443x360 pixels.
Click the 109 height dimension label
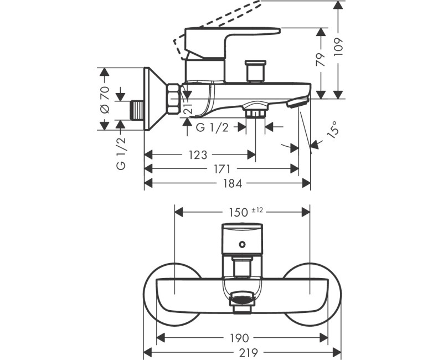[338, 47]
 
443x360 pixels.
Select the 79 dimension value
[321, 59]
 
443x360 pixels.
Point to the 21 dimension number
[188, 107]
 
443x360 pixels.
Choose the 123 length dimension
[198, 155]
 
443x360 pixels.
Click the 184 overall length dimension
[233, 184]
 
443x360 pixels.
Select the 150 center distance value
[239, 212]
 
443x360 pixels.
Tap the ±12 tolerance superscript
[257, 210]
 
